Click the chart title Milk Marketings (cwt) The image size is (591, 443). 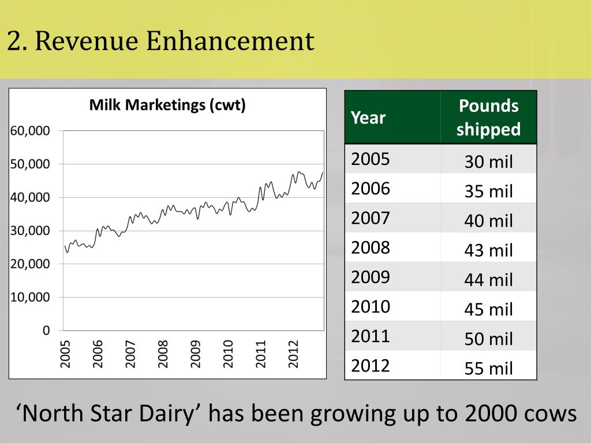pos(167,106)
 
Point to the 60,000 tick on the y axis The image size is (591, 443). pos(30,130)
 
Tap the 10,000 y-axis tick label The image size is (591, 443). pos(30,297)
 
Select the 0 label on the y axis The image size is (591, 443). pos(46,331)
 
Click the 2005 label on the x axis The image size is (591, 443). pos(65,354)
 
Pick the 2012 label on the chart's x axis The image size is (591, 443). pos(294,354)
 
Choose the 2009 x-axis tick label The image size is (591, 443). pos(196,354)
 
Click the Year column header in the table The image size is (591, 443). pos(368,118)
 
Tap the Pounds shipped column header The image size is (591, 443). pos(488,118)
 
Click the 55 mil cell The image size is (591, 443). pos(488,368)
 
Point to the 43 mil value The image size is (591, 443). pos(488,250)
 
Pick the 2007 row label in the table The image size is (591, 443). pos(371,218)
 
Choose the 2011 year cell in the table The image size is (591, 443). pos(371,336)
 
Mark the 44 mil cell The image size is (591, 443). pos(488,280)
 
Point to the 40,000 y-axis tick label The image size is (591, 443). pos(30,197)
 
